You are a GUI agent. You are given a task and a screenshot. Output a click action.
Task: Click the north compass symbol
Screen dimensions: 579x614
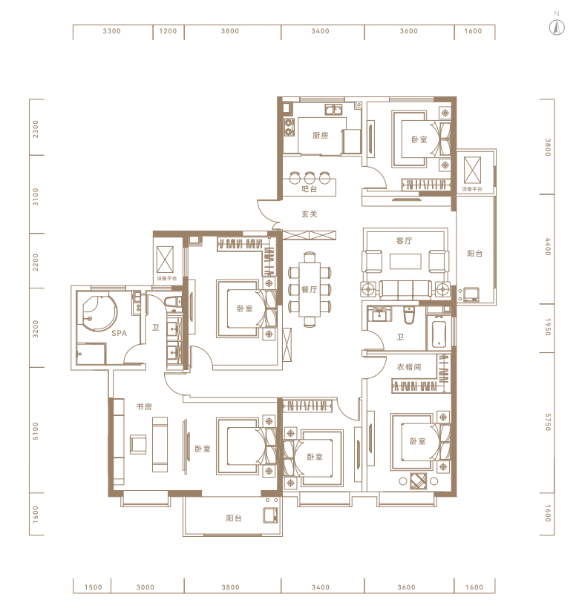(x=556, y=26)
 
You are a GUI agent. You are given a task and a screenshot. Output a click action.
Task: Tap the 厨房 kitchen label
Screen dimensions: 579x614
(x=320, y=136)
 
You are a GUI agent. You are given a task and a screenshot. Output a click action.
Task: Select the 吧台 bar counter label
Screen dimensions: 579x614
(x=310, y=189)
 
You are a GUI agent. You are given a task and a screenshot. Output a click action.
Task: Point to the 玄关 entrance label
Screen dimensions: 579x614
(x=310, y=214)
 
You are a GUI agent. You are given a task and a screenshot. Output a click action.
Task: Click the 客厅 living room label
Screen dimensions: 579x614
(x=404, y=241)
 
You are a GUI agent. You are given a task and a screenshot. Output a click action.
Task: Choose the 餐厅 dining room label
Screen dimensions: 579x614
(x=310, y=290)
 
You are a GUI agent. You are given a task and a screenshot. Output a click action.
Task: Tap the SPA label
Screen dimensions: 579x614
(x=120, y=333)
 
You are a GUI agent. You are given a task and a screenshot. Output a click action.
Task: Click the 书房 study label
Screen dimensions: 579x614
(x=144, y=407)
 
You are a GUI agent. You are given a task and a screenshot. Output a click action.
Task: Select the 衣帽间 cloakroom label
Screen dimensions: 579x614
(x=409, y=367)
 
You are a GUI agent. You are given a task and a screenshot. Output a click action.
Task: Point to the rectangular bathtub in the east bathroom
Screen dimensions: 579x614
(x=439, y=334)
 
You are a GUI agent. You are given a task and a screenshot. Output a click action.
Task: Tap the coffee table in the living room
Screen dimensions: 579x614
(x=405, y=261)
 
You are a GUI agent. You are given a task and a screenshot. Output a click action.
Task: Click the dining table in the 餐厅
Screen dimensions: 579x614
(x=310, y=289)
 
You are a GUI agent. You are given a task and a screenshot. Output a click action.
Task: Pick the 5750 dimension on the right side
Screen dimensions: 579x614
(x=548, y=422)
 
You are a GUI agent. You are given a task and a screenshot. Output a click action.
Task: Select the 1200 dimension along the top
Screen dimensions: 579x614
(x=168, y=31)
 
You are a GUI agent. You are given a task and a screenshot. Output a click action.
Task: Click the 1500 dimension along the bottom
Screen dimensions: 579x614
(x=93, y=587)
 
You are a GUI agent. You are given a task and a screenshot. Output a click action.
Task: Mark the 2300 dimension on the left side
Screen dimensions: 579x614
(x=36, y=129)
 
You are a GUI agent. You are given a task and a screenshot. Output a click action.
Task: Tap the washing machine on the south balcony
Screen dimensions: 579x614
(x=271, y=515)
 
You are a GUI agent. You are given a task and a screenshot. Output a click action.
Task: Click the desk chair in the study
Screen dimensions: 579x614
(x=138, y=444)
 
